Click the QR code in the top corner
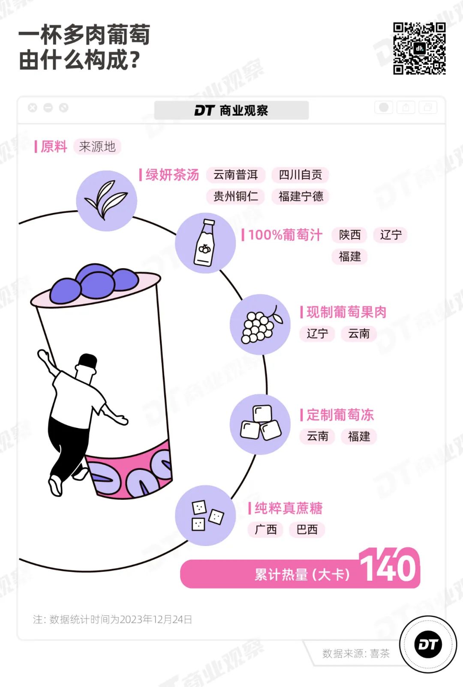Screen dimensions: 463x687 coord(419,48)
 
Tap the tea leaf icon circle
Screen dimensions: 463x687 coord(107,201)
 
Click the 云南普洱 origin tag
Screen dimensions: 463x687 coord(236,175)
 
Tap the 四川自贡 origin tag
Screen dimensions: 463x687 coord(300,175)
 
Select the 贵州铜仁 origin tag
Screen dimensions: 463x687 coord(236,196)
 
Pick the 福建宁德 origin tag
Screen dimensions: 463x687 coord(300,196)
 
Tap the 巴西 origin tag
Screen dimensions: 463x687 coord(307,529)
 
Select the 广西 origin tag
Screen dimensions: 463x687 coord(266,529)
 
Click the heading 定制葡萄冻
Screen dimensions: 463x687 coord(340,415)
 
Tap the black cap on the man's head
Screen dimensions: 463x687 coord(88,361)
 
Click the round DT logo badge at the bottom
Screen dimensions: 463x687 coord(428,644)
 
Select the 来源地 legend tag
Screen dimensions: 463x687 coord(97,146)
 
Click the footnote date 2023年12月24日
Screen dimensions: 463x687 coord(156,619)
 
